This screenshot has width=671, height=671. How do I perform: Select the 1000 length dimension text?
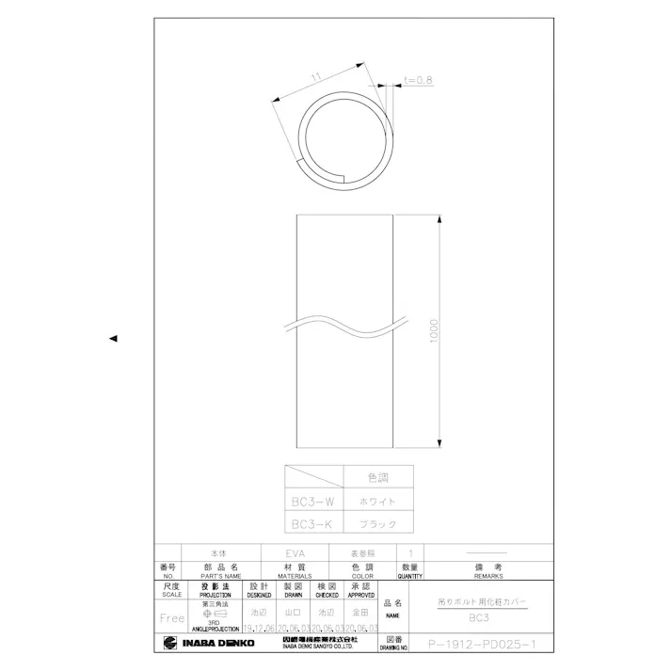(434, 330)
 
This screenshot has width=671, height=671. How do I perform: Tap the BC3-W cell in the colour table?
(312, 502)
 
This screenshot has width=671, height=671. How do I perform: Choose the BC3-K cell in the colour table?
(312, 523)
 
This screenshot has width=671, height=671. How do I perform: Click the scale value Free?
(172, 618)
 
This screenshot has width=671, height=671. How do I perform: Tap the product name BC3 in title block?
(479, 618)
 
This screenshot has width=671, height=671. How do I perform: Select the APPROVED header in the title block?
(361, 594)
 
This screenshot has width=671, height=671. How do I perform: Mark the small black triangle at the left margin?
(113, 338)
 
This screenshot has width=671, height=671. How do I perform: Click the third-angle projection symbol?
(215, 612)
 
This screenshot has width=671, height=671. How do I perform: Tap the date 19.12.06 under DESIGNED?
(258, 628)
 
